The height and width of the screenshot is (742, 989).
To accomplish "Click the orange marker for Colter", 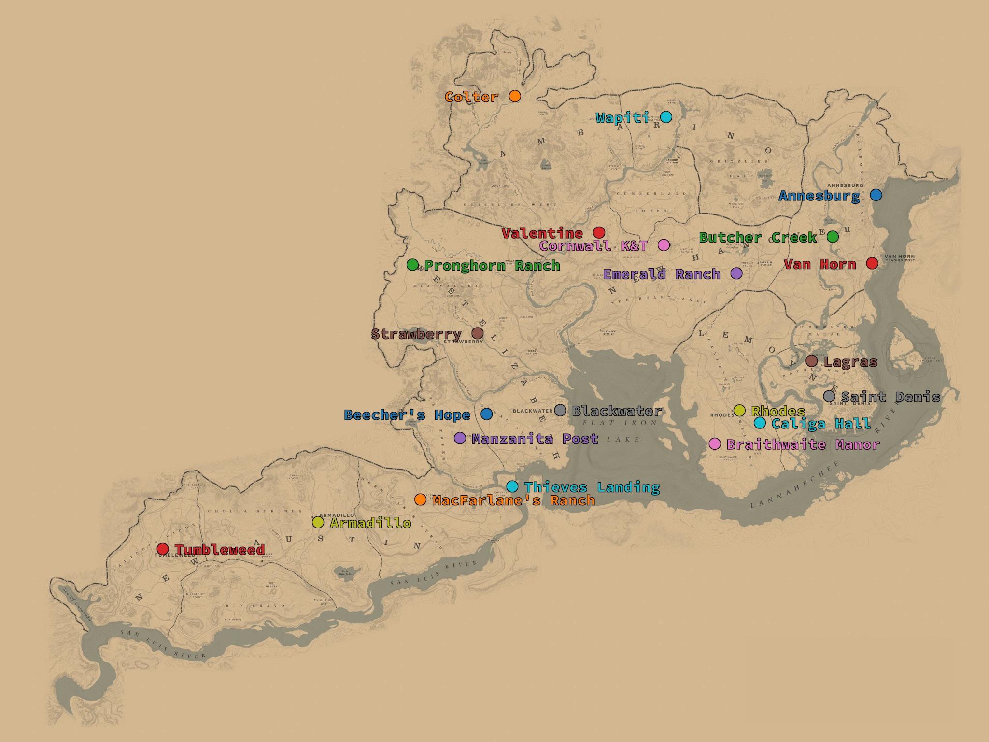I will point(515,96).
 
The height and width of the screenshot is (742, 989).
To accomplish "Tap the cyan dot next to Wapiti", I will point(666,117).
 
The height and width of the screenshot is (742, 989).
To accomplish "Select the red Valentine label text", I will point(542,234).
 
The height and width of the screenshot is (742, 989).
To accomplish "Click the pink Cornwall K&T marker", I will point(664,245).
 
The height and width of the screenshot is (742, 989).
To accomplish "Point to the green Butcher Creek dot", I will point(833,237).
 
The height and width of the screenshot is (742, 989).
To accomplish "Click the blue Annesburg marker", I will point(876,195).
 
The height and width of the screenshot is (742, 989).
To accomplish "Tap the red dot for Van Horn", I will point(872,263).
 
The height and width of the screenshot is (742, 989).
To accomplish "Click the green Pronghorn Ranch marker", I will point(412,264).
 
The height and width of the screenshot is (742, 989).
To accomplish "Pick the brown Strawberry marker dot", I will point(477,333).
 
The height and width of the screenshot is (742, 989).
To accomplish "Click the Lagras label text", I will point(850,362).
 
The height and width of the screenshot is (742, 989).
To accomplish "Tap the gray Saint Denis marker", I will point(829,396).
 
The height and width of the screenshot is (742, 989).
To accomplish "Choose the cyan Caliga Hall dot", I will point(760,423).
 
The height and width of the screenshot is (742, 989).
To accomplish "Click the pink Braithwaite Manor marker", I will point(715,443).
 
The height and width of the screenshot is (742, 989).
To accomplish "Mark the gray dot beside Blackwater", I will point(560,410).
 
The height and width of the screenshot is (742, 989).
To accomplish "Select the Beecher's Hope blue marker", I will point(487,414).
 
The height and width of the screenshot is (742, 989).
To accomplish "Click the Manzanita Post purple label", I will point(535,439).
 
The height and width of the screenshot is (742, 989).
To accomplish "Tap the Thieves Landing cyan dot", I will point(512,486).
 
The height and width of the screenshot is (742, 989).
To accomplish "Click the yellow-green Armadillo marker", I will point(318,522).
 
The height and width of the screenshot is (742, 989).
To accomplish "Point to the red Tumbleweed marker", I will point(163,549).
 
